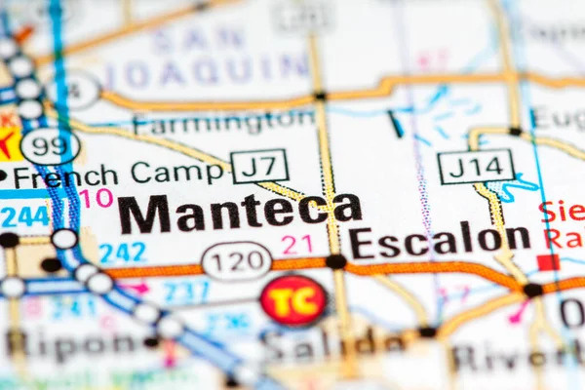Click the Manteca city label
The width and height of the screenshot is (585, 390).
point(239,213)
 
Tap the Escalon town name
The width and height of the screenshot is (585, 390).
point(440,241)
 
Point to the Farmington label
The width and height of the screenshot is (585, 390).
point(223,123)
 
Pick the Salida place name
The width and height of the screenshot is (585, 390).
point(331,343)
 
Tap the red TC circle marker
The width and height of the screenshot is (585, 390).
point(293,300)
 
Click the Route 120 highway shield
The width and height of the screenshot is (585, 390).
point(236,261)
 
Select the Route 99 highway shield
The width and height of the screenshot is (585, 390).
point(50,146)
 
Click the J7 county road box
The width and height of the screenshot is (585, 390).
point(259,166)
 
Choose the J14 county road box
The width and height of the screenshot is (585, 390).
point(475,166)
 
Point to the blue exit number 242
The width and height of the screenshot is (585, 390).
point(122,253)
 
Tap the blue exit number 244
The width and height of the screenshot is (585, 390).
point(24,215)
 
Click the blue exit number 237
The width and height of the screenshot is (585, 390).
point(185,291)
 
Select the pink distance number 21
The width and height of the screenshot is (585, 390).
point(296,245)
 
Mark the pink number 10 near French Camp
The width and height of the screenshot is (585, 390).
point(96,198)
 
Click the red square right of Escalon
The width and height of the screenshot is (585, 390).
point(548,261)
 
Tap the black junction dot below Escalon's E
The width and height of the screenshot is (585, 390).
point(335,261)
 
